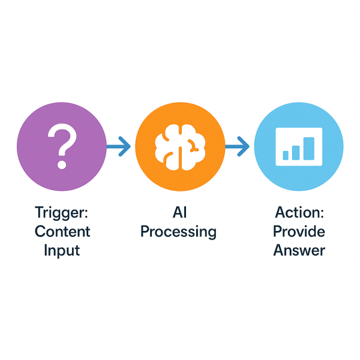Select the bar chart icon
click(298, 146)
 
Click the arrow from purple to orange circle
click(118, 145)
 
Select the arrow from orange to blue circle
click(237, 145)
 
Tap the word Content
click(62, 232)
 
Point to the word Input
click(62, 250)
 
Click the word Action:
click(299, 212)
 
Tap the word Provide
click(299, 231)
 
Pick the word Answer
click(299, 250)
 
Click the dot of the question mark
click(61, 163)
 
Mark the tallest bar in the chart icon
click(308, 149)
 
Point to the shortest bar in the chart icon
click(286, 155)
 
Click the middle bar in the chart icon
click(297, 152)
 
